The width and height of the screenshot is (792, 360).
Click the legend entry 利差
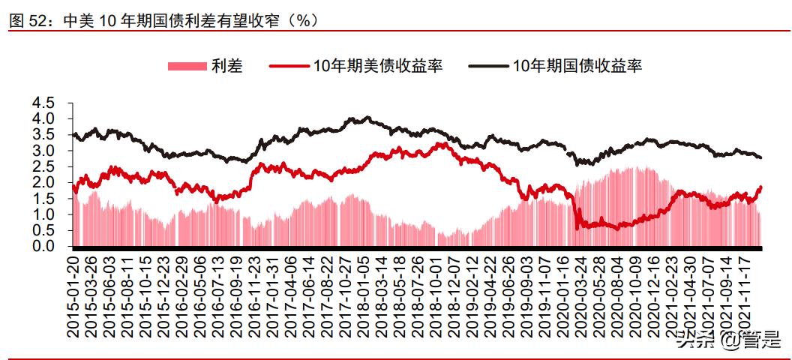pyautogui.click(x=226, y=67)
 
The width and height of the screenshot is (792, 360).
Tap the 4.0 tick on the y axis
pyautogui.click(x=44, y=118)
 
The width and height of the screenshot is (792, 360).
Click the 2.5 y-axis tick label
pyautogui.click(x=44, y=166)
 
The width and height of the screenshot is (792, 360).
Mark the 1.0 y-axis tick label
pyautogui.click(x=44, y=214)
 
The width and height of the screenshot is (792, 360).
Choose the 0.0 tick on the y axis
pyautogui.click(x=44, y=246)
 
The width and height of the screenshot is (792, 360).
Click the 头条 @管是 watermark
pyautogui.click(x=726, y=339)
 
